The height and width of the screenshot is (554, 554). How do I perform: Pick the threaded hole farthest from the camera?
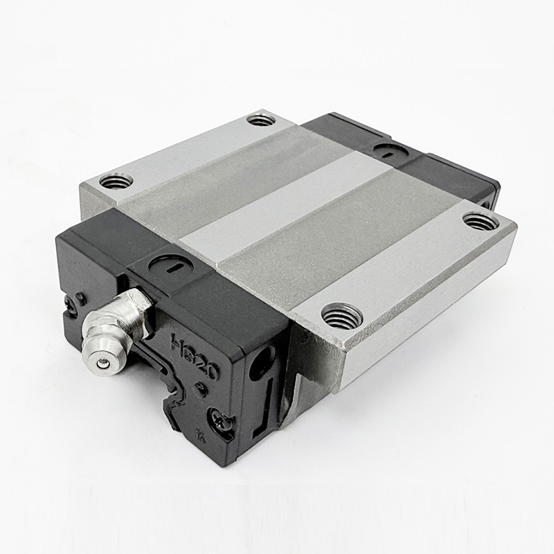(261, 119)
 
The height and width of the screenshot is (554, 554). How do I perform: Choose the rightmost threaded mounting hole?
(480, 221)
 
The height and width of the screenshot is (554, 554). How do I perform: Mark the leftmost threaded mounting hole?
(116, 181)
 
